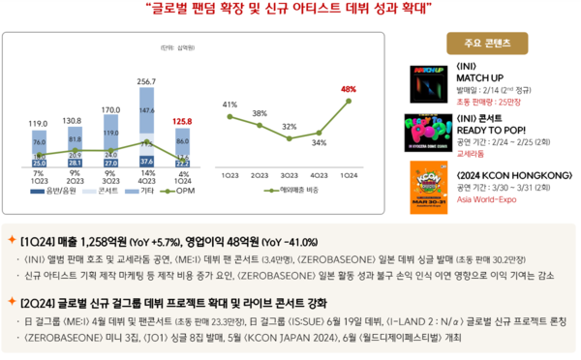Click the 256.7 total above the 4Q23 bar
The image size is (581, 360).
click(146, 81)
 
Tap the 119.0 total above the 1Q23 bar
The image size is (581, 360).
click(39, 124)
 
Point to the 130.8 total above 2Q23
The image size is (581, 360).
click(75, 120)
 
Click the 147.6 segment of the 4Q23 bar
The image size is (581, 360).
click(146, 110)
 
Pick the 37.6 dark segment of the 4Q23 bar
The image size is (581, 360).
click(146, 161)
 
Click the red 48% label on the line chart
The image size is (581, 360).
click(349, 89)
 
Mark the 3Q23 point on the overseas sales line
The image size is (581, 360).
click(290, 137)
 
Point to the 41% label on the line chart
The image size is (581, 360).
click(229, 104)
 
